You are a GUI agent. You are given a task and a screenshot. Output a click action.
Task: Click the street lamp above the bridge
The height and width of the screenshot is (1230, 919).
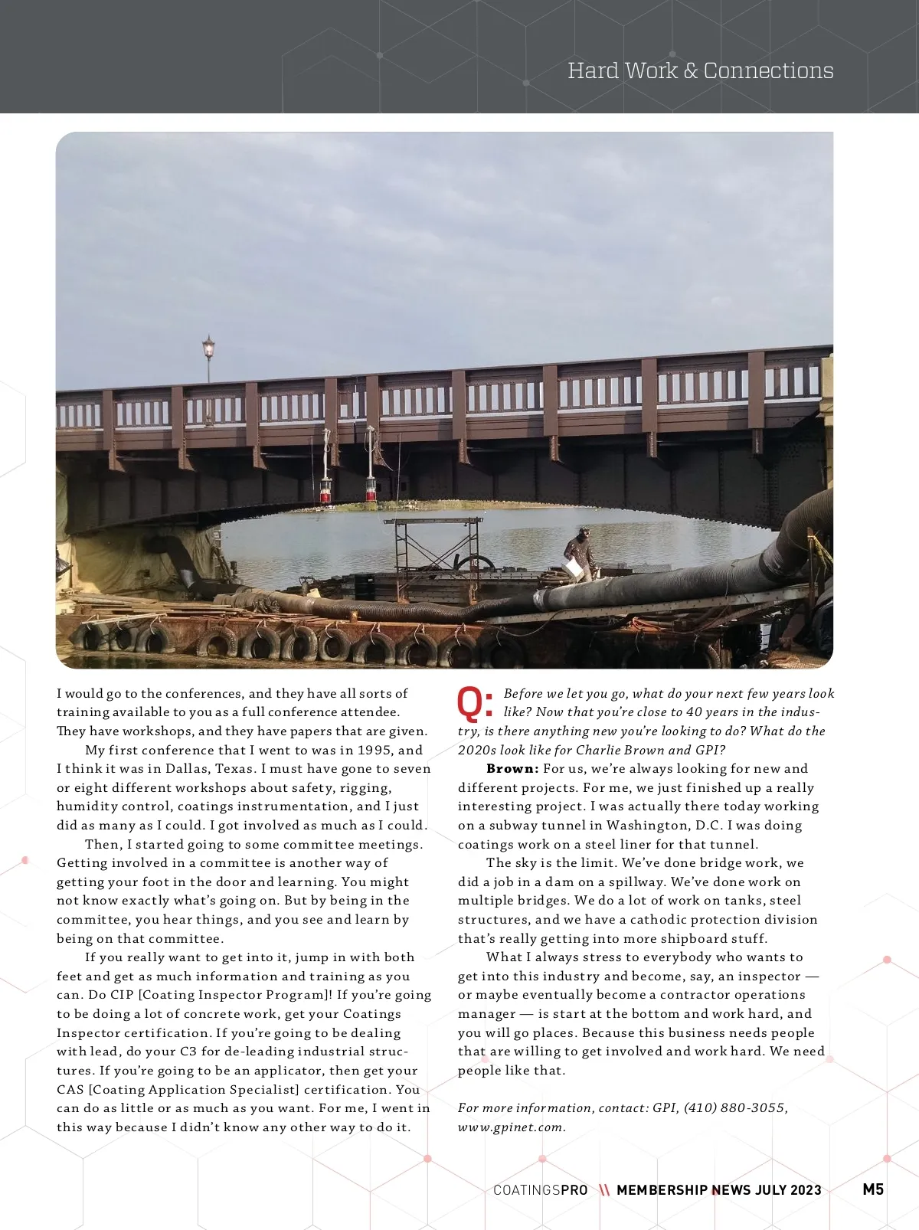(208, 350)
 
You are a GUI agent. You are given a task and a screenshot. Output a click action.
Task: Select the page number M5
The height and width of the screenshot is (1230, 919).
(873, 1189)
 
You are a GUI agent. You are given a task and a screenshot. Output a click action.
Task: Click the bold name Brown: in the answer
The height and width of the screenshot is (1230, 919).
(512, 769)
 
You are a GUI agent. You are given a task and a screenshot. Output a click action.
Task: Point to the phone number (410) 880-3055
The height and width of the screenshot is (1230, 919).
(735, 1108)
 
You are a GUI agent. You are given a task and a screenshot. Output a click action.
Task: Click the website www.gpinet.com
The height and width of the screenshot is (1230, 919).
(512, 1127)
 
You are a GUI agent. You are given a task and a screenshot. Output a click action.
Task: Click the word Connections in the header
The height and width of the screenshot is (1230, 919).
(768, 70)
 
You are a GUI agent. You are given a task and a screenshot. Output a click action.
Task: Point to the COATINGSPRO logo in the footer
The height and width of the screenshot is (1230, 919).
(541, 1190)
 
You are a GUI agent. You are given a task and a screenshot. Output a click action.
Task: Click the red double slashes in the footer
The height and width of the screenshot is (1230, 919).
(604, 1190)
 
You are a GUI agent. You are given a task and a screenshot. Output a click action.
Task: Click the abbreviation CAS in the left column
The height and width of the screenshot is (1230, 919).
(70, 1090)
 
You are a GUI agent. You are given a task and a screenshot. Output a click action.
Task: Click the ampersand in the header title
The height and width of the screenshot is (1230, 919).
(690, 71)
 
